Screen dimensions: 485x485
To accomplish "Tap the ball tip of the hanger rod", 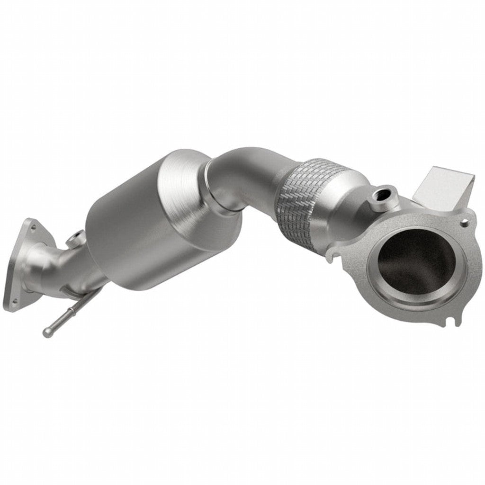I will pyautogui.click(x=46, y=332).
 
